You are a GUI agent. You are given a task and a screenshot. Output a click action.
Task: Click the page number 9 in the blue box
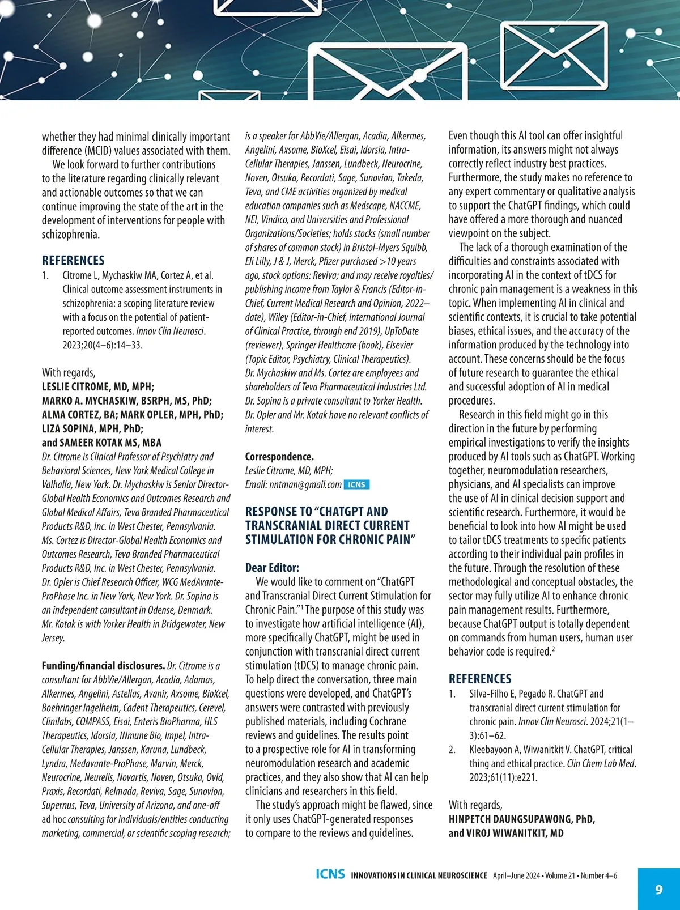[x=658, y=889]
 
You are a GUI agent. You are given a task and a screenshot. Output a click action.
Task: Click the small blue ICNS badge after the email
[x=356, y=484]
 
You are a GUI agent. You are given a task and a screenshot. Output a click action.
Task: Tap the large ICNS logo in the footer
[x=330, y=874]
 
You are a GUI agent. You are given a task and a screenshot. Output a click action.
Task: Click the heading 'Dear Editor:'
[x=272, y=568]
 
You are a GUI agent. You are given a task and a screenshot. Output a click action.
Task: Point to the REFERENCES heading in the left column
[x=73, y=260]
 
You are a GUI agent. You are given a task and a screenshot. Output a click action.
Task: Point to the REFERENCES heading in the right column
[x=480, y=678]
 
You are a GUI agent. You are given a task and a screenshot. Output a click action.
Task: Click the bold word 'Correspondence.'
[x=279, y=457]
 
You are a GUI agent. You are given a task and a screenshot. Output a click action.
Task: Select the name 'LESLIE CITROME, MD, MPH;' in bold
[x=98, y=387]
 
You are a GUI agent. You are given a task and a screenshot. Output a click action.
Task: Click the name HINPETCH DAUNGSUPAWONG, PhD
[x=522, y=819]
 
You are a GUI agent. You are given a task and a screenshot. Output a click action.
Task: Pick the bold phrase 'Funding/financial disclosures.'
[x=103, y=666]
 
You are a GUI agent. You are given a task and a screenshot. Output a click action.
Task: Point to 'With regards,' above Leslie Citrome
[x=69, y=372]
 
